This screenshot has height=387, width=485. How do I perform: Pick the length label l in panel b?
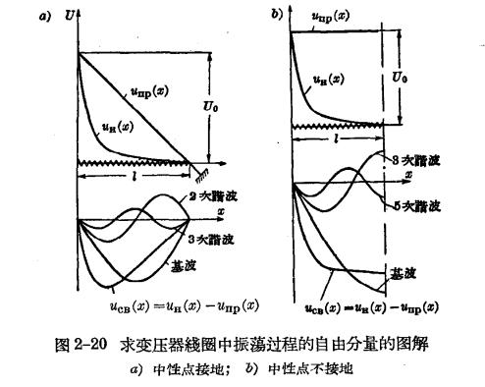point(335,140)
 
